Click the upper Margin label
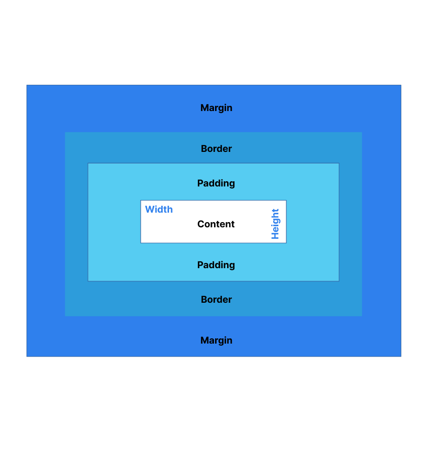point(216,108)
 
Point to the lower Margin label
point(216,340)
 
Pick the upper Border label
point(216,149)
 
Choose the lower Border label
point(216,300)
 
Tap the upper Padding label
point(216,183)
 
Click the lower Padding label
point(216,265)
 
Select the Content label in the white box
point(216,224)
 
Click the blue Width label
point(159,210)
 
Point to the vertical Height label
point(275,224)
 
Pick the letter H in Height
point(275,236)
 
